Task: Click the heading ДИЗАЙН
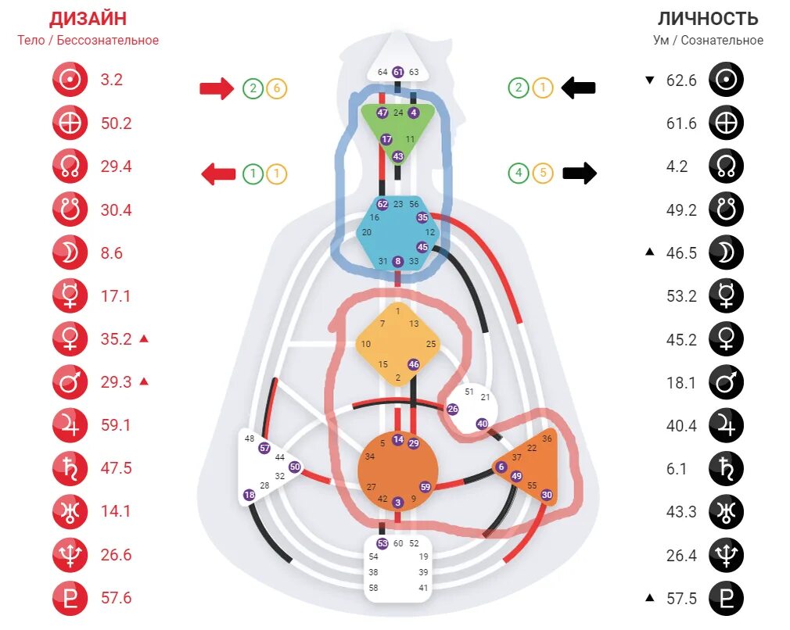[88, 19]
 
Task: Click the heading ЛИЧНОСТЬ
[708, 19]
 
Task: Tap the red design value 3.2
[112, 80]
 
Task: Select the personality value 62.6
[680, 80]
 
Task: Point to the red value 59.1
[116, 425]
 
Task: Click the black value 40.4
[680, 425]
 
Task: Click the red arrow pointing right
[217, 88]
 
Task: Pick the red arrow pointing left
[218, 174]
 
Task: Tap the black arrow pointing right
[579, 173]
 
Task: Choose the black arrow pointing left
[579, 88]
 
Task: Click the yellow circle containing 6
[275, 88]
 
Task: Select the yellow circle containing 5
[542, 173]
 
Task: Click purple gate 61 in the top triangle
[398, 72]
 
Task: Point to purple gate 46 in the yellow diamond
[414, 364]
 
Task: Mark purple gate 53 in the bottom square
[382, 543]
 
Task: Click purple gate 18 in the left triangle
[249, 495]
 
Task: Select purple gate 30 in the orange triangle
[547, 495]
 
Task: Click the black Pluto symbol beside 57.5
[726, 599]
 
